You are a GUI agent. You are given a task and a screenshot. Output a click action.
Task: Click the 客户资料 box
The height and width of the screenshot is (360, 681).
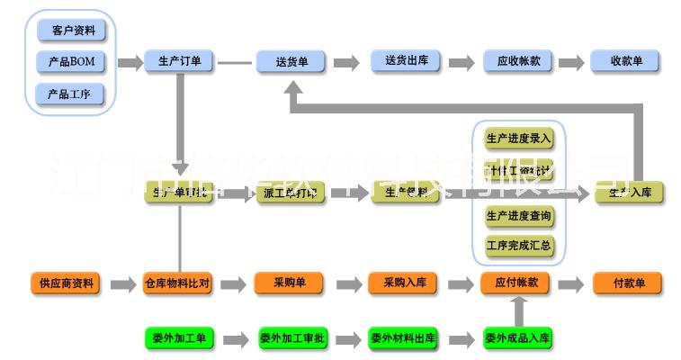(72, 30)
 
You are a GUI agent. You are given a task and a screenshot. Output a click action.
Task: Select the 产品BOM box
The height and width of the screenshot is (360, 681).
(72, 62)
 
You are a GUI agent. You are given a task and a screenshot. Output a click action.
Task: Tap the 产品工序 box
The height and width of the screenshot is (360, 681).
(72, 94)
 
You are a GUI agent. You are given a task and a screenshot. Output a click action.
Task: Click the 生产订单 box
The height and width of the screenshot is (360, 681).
(179, 62)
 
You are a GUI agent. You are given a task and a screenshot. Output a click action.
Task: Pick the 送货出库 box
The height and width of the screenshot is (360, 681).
(405, 62)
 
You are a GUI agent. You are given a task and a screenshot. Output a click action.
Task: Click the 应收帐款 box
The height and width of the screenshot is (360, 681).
(518, 62)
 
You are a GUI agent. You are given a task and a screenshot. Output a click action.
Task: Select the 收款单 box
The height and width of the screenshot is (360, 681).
(626, 62)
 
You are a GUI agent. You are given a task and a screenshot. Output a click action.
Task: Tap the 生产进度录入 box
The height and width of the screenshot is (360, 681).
(518, 139)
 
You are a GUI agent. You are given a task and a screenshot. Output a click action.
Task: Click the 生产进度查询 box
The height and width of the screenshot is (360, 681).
(518, 216)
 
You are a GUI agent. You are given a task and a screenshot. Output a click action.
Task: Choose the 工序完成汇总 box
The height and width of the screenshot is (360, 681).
(518, 244)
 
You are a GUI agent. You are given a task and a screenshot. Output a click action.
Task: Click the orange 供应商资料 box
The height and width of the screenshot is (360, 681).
(66, 283)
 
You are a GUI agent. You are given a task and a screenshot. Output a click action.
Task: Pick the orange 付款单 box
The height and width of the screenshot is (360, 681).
(628, 283)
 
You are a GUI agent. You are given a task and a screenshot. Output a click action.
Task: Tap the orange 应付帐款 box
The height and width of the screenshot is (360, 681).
(516, 283)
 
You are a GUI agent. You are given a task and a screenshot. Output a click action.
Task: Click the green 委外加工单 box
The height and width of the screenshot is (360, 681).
(177, 338)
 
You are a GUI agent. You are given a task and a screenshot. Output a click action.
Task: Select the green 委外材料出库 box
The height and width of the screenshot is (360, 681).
(403, 338)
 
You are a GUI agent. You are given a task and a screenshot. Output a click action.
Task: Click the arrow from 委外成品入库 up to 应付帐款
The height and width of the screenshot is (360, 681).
(517, 310)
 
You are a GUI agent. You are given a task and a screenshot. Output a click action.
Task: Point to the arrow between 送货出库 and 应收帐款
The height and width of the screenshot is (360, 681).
(461, 63)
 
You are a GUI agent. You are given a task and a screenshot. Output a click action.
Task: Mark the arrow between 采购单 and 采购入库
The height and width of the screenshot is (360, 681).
(345, 284)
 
